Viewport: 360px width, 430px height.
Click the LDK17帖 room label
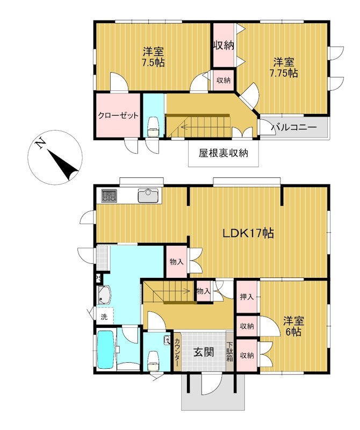point(248,233)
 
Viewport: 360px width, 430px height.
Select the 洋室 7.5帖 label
point(153,57)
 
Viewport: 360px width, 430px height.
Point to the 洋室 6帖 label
point(294,326)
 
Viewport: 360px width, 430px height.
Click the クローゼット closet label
point(118,116)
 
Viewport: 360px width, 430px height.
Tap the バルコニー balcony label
point(294,127)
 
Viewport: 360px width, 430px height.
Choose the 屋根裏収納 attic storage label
point(224,153)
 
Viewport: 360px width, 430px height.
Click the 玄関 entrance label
point(204,352)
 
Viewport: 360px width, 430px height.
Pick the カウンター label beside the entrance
point(177,352)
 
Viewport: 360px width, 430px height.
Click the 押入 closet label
point(247,297)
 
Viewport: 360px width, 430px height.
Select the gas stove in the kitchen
point(109,196)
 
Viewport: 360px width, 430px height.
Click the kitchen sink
point(148,196)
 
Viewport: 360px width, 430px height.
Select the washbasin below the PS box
point(103,295)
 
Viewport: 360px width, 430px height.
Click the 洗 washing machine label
point(104,317)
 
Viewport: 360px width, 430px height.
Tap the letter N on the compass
point(40,142)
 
